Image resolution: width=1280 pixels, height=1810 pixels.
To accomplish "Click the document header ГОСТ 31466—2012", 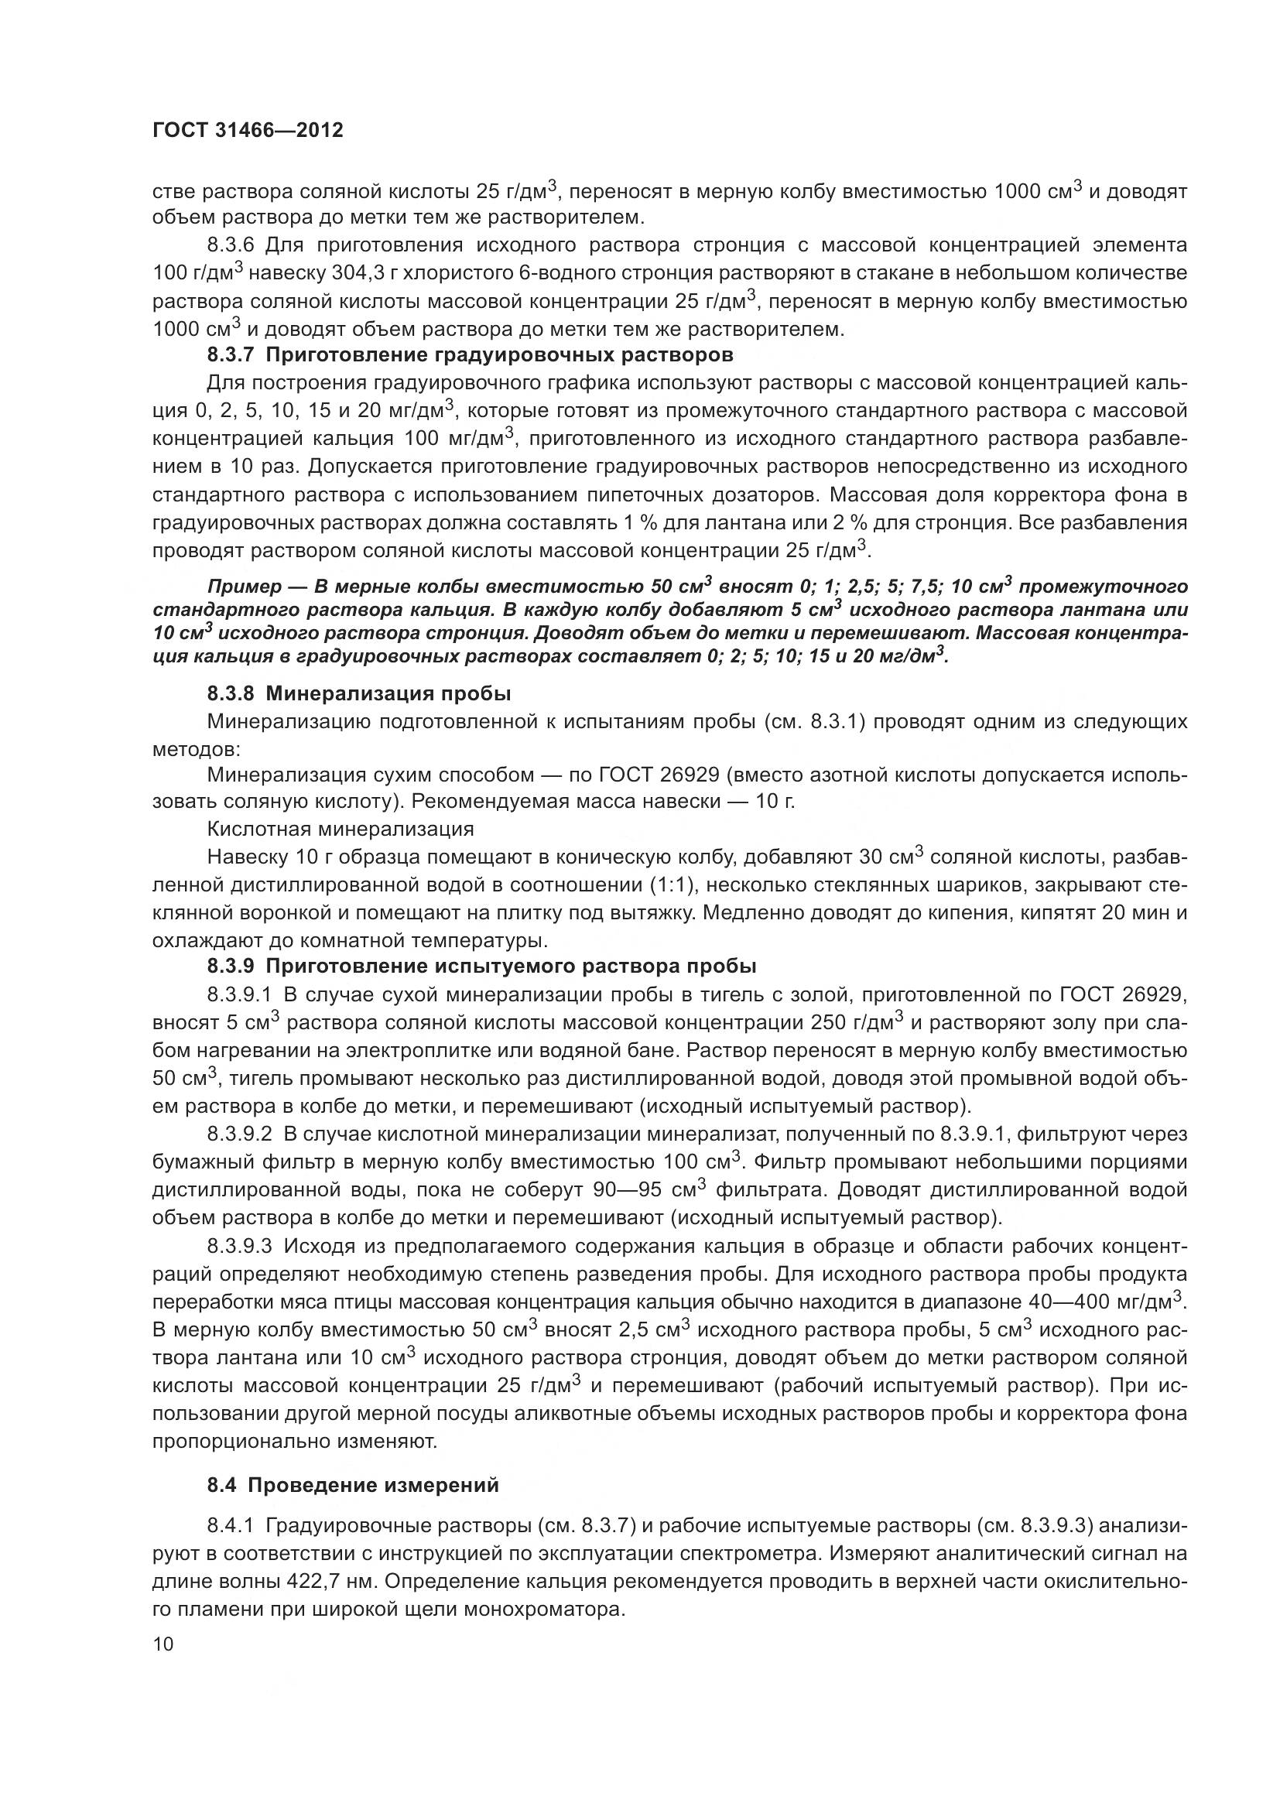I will [x=248, y=130].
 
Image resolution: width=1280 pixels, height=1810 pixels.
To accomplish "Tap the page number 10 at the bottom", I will [x=163, y=1644].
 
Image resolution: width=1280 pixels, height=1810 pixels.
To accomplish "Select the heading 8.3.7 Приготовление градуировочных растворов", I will [x=470, y=354].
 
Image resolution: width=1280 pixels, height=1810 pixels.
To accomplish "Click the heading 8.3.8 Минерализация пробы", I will [x=358, y=693].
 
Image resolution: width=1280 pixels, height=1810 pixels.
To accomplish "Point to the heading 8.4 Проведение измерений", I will [x=353, y=1485].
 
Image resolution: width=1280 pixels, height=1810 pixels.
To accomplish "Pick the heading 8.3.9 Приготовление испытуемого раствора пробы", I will [x=481, y=966].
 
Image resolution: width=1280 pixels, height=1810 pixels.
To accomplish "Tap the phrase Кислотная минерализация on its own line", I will [x=341, y=829].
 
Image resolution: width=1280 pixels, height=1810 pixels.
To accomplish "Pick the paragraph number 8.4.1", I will [x=230, y=1525].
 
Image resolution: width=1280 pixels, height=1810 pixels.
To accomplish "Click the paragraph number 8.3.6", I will [x=230, y=245].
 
